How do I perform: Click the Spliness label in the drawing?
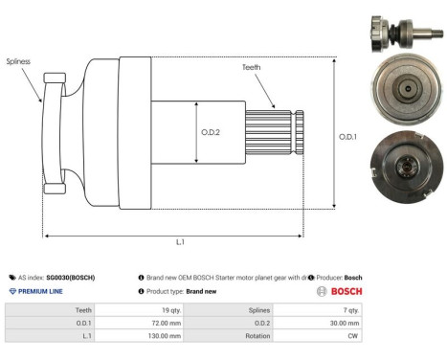pyautogui.click(x=19, y=60)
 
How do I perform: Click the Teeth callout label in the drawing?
pyautogui.click(x=252, y=66)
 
